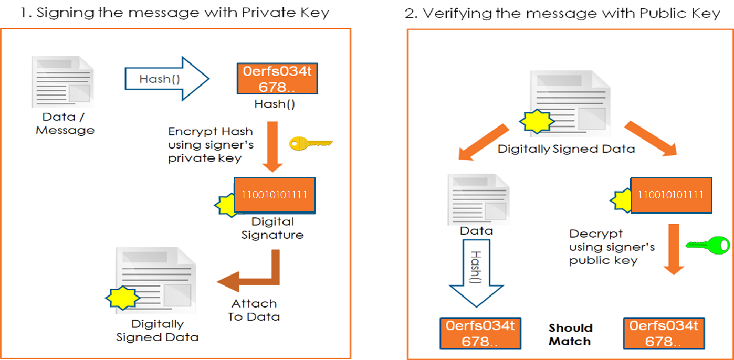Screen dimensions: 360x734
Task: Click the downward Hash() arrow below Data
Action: tap(476, 273)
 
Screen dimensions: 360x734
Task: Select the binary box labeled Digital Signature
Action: tap(274, 195)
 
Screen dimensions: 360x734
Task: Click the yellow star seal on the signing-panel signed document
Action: tap(123, 298)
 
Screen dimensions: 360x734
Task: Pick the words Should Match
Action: tap(570, 335)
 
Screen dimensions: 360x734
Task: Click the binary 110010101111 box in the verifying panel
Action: tap(670, 195)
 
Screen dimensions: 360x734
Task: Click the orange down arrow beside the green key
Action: tap(674, 249)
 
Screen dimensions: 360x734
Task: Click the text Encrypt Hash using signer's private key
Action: tap(210, 145)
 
